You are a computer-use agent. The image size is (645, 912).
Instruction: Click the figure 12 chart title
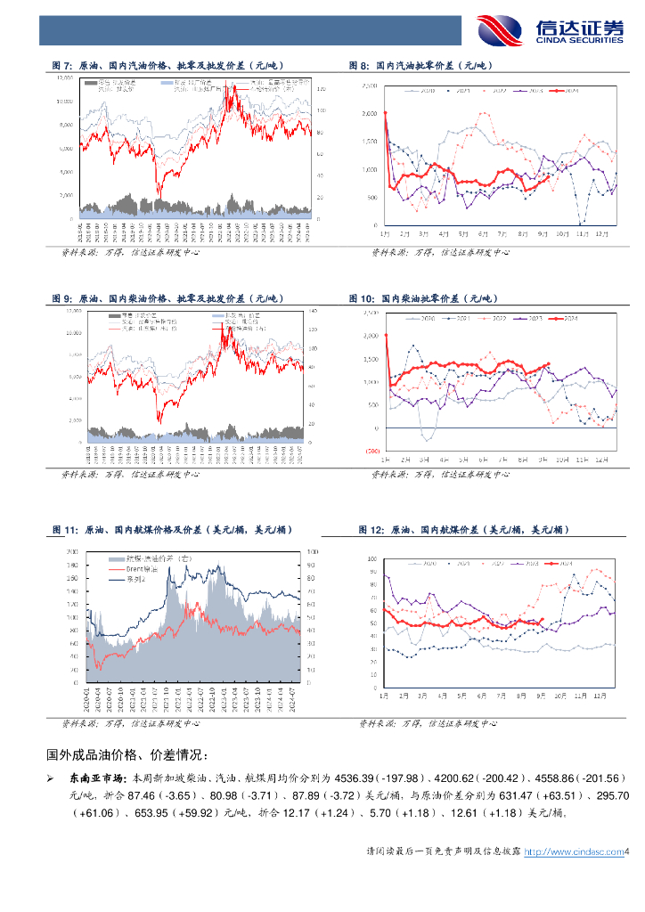[463, 530]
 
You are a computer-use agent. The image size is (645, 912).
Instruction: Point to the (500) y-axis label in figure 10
[370, 451]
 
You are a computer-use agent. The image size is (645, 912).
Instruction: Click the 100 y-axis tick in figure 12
[372, 559]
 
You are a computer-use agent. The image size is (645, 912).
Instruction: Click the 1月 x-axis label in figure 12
[385, 695]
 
